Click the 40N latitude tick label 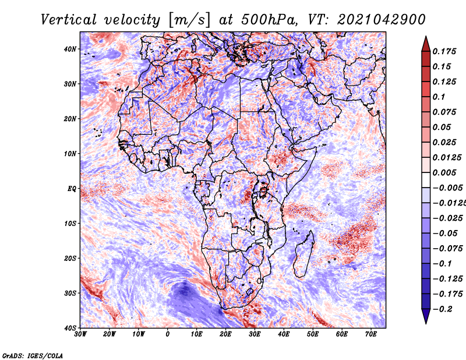70,49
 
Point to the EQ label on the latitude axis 72,189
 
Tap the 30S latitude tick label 70,293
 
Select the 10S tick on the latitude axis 70,223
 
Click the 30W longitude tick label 80,334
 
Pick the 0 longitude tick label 168,334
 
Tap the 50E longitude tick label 313,334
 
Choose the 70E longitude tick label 370,334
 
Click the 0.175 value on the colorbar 444,52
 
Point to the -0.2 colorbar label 443,309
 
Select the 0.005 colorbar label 444,172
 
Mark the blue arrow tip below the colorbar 426,323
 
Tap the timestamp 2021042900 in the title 382,20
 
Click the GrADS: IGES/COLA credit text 33,355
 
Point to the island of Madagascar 303,256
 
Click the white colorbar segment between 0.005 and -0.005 426,180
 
